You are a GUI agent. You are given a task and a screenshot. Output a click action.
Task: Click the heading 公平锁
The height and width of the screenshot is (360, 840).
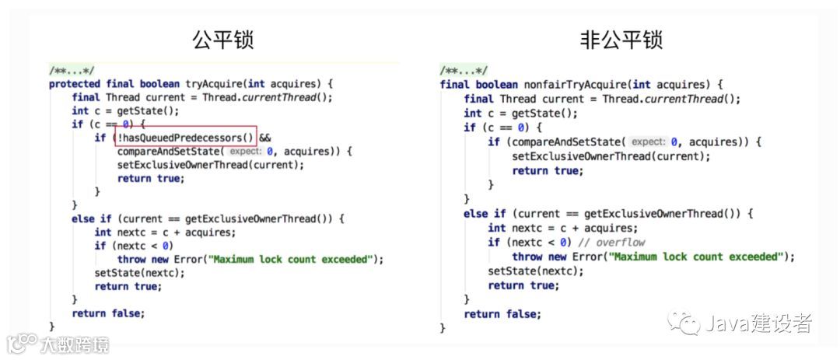[222, 40]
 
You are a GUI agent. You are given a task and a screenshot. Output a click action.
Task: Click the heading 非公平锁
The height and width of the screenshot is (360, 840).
[621, 40]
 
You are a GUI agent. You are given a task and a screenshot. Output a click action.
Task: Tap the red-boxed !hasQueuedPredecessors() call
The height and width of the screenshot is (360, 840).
[185, 137]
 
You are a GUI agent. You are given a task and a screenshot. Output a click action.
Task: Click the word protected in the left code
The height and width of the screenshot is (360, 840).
[75, 84]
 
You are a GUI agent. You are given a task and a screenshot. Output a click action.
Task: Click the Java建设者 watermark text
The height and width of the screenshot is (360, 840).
[758, 323]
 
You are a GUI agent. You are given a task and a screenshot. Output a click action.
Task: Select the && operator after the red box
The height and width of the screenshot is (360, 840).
[265, 137]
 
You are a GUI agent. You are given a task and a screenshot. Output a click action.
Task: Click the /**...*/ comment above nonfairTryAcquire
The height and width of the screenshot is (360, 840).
[464, 71]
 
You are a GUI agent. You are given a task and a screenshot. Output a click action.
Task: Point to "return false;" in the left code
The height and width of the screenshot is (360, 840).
[107, 313]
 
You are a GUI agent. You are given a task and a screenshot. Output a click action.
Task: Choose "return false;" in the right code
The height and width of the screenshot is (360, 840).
[502, 314]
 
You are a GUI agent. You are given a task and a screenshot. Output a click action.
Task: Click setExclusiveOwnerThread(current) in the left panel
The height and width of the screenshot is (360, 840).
[210, 165]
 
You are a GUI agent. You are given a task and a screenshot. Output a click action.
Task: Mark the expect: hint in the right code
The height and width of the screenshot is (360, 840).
[648, 142]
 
